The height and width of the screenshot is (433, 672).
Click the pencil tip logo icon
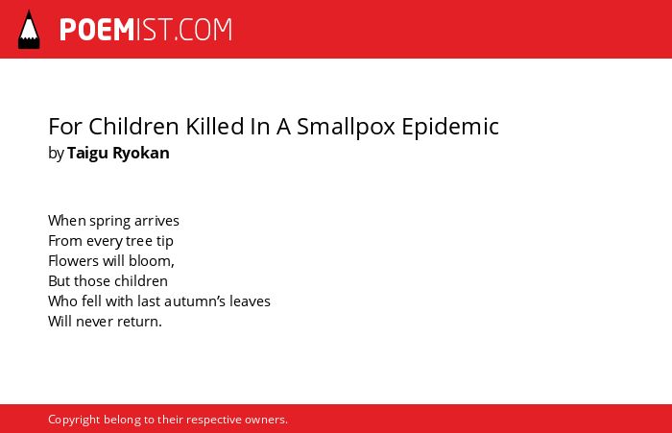pos(29,29)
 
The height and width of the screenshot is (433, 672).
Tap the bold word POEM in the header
pos(97,30)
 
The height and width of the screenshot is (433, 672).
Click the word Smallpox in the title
pos(346,127)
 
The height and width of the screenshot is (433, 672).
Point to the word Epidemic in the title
pos(450,127)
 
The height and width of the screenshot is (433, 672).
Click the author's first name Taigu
pos(88,154)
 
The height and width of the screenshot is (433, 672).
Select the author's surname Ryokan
pos(141,154)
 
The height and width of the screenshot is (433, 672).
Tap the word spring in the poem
pos(109,221)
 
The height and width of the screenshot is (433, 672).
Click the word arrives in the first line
pos(156,221)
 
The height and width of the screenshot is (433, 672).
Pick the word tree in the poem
pos(138,241)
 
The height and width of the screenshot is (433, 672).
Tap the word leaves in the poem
pos(250,301)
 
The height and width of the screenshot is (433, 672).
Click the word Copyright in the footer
pos(74,420)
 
